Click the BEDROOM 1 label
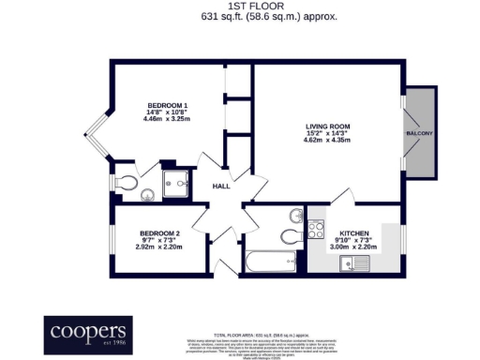(167, 106)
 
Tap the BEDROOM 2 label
(159, 232)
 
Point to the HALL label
(221, 186)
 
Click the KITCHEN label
(354, 232)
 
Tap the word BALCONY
(419, 134)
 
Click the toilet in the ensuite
(130, 182)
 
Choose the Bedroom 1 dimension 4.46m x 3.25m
(167, 120)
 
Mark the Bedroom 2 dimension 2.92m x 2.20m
(159, 247)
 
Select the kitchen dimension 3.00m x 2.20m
(354, 247)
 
